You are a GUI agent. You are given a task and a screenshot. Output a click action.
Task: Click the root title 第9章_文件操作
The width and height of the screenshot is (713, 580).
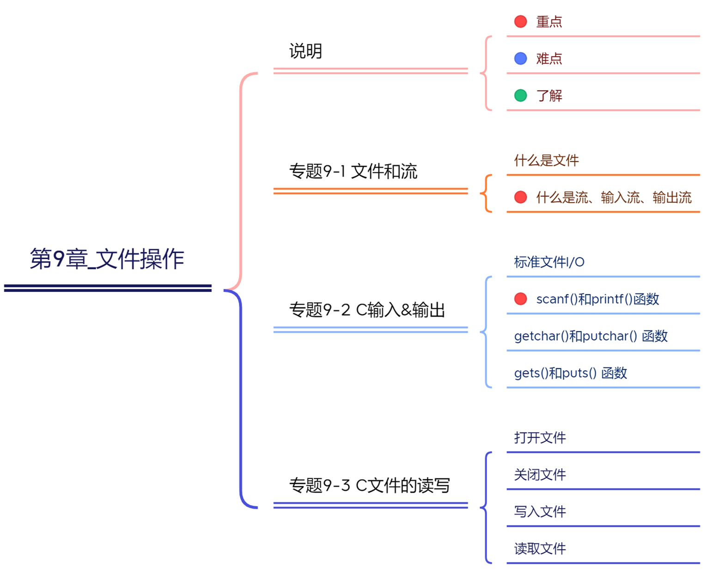(107, 259)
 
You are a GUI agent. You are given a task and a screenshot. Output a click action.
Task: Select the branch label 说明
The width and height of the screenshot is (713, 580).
(305, 51)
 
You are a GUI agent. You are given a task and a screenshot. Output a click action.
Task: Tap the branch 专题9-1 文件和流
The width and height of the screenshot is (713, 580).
(353, 171)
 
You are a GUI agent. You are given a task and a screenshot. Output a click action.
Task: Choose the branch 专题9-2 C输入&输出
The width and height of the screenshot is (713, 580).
(367, 310)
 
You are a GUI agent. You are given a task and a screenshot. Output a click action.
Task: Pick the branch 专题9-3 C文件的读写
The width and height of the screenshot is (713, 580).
(369, 485)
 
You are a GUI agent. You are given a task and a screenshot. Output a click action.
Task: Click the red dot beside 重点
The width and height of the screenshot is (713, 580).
(520, 22)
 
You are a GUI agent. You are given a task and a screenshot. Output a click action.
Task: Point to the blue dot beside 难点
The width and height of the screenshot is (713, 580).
(520, 59)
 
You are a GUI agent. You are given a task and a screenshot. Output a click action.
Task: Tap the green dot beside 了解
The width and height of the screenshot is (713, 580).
(520, 96)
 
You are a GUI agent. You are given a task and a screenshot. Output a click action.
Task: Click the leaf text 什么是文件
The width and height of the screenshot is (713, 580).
(546, 160)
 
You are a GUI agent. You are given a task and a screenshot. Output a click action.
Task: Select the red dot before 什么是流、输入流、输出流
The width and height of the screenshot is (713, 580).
(520, 197)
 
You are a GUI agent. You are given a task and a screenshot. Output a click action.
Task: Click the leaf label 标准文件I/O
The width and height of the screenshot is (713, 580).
(549, 262)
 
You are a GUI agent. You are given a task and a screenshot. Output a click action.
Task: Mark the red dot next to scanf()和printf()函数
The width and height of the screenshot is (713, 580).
(520, 299)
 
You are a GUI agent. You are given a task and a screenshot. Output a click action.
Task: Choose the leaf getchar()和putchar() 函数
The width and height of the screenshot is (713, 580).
(591, 336)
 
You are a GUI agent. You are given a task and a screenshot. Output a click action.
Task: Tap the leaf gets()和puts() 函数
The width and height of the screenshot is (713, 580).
(570, 373)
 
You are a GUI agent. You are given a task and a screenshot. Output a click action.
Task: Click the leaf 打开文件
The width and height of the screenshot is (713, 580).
(540, 438)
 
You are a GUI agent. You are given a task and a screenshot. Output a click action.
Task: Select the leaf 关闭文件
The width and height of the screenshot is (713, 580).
(540, 475)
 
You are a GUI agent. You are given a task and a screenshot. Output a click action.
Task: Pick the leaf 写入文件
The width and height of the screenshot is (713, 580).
(540, 512)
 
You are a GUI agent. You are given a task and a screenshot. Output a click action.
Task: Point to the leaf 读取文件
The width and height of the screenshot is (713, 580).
(540, 549)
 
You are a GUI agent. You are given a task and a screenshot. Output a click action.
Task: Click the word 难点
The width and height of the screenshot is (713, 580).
(549, 59)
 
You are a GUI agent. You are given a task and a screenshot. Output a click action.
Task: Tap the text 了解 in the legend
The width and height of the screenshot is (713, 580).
(549, 96)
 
